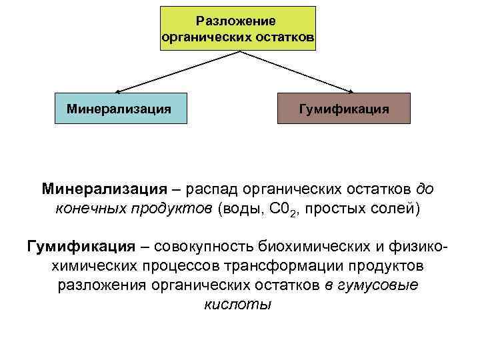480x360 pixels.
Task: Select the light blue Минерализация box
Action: [x=120, y=107]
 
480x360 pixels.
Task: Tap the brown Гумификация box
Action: [x=344, y=107]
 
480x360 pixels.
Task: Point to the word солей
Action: [x=397, y=209]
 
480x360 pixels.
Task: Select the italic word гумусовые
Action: [x=380, y=285]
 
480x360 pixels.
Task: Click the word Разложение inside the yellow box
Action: [x=238, y=21]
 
